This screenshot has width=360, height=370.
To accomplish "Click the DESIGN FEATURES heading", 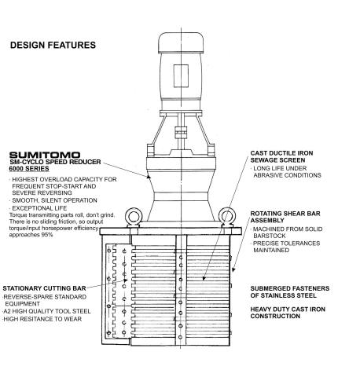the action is point(53,45).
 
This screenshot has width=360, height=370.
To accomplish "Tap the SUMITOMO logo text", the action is point(45,155).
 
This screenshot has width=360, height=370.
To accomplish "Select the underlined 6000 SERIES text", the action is point(29,169).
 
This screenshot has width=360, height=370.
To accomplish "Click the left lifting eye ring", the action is point(134,217).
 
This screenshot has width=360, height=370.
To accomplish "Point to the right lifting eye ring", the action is point(227,216).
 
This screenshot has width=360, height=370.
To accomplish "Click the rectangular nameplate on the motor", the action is point(181,76).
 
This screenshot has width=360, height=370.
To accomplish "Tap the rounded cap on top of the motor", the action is point(181,42).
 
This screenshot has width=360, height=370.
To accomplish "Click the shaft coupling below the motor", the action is point(181,133).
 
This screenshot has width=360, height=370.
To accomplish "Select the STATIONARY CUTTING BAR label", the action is point(44,288).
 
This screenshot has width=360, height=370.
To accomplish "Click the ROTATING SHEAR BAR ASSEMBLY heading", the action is point(285,217).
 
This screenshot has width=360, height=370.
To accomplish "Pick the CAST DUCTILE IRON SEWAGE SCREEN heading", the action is point(281,156).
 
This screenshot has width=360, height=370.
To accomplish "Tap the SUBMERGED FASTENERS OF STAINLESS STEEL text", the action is point(290,291).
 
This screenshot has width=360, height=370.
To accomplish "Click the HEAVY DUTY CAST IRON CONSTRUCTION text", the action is point(288,313).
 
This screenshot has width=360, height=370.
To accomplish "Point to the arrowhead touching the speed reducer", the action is point(149,177).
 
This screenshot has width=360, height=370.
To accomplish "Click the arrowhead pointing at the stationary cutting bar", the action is point(126,280).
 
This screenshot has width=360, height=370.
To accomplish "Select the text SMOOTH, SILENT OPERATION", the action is point(54,200).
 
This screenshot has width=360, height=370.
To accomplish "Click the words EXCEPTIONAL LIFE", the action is point(39,208).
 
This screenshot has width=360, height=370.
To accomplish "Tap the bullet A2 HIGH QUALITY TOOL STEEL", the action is point(46,311).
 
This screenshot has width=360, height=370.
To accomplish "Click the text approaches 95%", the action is point(31,235).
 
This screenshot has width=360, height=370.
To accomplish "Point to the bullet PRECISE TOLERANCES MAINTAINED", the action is point(286,247).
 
